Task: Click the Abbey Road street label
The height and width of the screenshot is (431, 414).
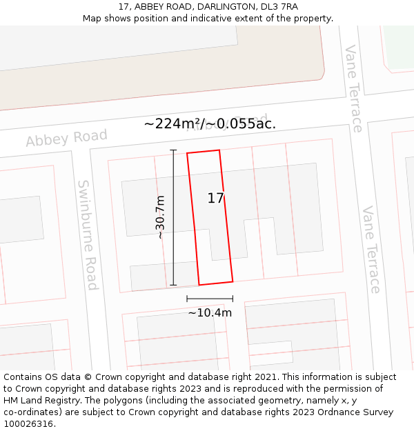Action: click(x=67, y=138)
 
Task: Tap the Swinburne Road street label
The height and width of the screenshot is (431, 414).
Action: click(x=88, y=234)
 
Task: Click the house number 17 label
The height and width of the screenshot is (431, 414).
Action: click(x=215, y=199)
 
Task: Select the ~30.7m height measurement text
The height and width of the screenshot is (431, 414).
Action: click(x=160, y=217)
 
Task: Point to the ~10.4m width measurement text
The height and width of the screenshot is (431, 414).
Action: click(x=210, y=312)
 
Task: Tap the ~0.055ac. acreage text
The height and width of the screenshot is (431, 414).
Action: click(x=244, y=124)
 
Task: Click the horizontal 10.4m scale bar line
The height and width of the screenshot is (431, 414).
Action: click(x=210, y=299)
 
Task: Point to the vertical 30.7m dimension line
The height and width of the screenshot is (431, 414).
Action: click(x=173, y=217)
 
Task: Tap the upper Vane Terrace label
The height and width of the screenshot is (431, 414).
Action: click(x=353, y=88)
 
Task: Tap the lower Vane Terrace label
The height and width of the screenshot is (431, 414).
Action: click(x=371, y=249)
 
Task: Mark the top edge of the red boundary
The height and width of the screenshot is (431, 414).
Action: click(x=204, y=152)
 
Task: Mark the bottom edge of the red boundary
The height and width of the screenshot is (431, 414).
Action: click(x=216, y=283)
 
